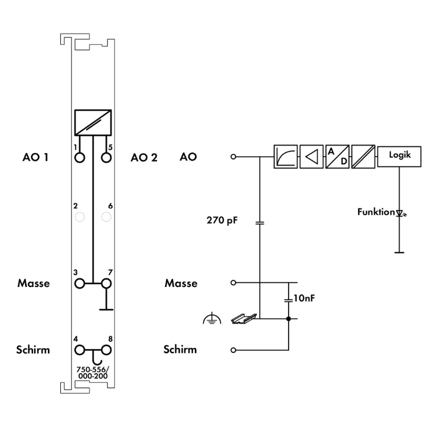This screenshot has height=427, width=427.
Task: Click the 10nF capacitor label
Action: pos(302,297)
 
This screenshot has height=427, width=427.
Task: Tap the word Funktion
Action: pos(376,212)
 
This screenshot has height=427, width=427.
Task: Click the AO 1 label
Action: pos(36,157)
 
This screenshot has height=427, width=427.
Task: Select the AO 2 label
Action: pos(143,157)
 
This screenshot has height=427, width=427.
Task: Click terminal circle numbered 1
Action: pos(80,157)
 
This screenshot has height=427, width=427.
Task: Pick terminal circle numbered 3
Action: pos(80,282)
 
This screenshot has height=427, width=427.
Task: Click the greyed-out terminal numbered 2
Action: pos(80,216)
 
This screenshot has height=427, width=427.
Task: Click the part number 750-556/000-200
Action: pos(93,372)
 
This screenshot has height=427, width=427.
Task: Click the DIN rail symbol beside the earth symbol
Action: pos(240,319)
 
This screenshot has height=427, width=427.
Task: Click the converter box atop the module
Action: pos(93,122)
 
